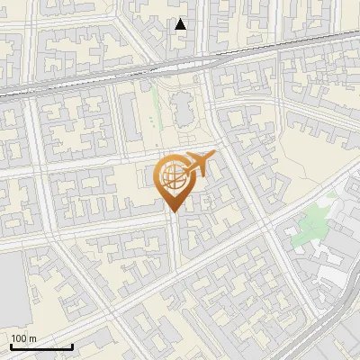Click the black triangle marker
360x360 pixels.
(181, 24)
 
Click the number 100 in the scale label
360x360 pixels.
(19, 338)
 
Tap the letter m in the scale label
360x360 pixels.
(32, 338)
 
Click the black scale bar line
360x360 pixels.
(41, 347)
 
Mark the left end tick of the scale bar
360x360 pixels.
(11, 346)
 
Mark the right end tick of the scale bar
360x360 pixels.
(72, 346)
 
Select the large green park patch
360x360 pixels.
(310, 220)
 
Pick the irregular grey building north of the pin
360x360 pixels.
(183, 110)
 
